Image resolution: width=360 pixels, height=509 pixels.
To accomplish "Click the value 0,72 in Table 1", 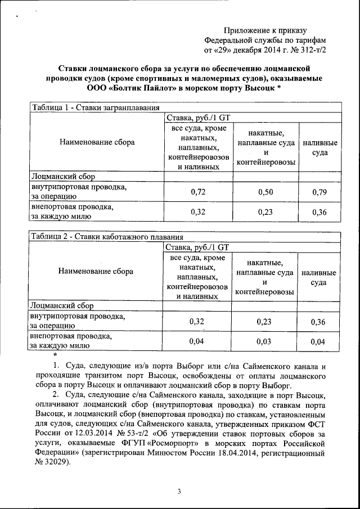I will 197,192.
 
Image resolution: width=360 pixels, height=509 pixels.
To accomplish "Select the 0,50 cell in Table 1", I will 265,192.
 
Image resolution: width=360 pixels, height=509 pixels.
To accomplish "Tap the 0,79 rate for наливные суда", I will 319,192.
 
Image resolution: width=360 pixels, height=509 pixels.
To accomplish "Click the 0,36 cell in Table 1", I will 319,212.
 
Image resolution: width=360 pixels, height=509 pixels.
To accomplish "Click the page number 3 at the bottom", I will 179,491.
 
